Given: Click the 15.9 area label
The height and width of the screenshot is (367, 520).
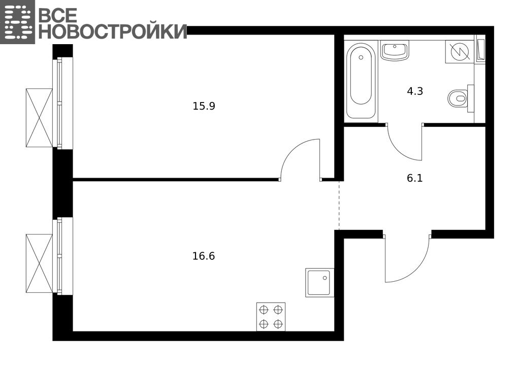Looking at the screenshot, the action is pyautogui.click(x=204, y=106).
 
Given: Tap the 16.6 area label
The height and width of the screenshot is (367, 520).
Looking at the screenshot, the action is pyautogui.click(x=204, y=256).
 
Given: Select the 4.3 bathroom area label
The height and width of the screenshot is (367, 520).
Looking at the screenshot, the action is pyautogui.click(x=415, y=91).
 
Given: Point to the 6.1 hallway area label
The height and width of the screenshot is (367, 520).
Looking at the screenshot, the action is pyautogui.click(x=415, y=178).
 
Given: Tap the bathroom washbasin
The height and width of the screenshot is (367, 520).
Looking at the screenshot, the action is pyautogui.click(x=395, y=51).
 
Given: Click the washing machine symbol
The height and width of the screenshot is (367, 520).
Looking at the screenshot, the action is pyautogui.click(x=460, y=51).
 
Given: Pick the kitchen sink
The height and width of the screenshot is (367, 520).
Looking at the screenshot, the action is pyautogui.click(x=320, y=282).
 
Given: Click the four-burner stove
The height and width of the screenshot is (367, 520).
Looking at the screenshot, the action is pyautogui.click(x=271, y=317).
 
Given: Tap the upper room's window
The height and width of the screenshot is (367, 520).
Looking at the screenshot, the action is pyautogui.click(x=62, y=103).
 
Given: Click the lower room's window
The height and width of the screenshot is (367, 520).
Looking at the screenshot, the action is pyautogui.click(x=62, y=256).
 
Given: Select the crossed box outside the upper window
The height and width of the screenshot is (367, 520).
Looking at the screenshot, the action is pyautogui.click(x=39, y=118).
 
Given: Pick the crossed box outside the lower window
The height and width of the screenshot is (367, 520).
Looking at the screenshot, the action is pyautogui.click(x=39, y=263).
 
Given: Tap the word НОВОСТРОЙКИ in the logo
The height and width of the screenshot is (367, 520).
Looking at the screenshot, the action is pyautogui.click(x=113, y=31).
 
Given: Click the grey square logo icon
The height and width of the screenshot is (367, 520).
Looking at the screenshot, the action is pyautogui.click(x=17, y=22).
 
